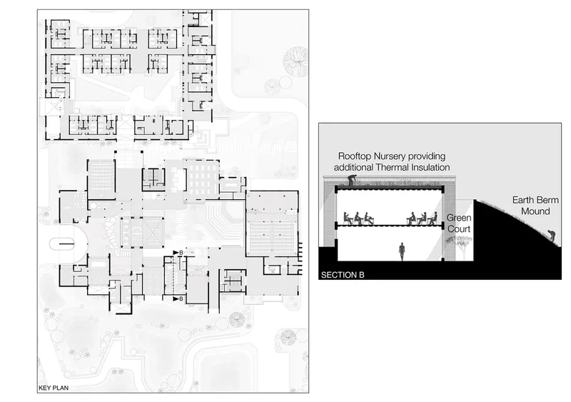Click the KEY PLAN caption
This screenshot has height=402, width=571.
point(54,388)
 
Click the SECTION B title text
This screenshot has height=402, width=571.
point(343,275)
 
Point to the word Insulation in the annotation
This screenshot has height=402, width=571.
point(430,167)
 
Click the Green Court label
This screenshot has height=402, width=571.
point(459,223)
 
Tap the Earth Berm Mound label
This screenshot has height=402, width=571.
point(535,206)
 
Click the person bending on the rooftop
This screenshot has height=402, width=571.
point(352,180)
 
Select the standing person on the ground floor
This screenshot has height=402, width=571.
point(402,252)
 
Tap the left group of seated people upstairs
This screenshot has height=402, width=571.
point(359,218)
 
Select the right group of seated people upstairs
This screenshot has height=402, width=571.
point(422,218)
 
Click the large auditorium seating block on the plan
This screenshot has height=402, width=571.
point(271,238)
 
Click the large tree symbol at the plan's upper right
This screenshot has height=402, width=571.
point(295,61)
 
